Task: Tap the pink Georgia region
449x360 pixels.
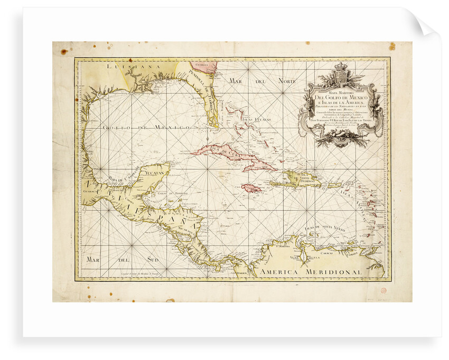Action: (x=205, y=67)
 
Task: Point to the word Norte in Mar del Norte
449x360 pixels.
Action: (x=283, y=82)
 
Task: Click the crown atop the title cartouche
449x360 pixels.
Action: (x=340, y=69)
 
